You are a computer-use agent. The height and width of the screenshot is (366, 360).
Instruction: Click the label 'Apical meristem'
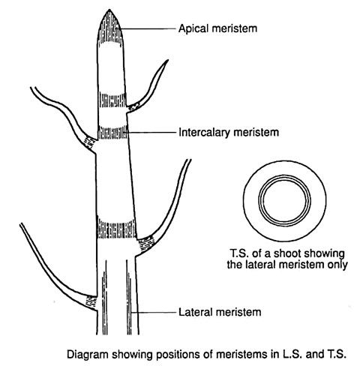[x=217, y=28]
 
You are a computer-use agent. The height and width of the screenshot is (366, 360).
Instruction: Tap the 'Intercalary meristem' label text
[x=229, y=132]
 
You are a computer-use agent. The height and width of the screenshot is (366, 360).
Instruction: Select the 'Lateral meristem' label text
[x=220, y=312]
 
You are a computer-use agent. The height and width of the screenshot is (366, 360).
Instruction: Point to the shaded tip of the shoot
[x=109, y=27]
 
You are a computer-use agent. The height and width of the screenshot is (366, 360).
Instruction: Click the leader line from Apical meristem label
[x=149, y=28]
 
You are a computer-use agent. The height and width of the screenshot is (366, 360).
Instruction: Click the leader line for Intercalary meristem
[x=151, y=132]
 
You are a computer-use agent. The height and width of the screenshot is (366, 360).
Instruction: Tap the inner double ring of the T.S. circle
[x=284, y=175]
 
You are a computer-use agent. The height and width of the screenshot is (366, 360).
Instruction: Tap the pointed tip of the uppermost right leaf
[x=168, y=60]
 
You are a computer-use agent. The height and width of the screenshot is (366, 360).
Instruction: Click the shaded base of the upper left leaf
[x=88, y=143]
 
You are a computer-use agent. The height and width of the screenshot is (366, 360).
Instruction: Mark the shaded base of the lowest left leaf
[x=91, y=302]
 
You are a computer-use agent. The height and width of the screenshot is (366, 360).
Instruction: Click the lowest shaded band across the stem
[x=117, y=228]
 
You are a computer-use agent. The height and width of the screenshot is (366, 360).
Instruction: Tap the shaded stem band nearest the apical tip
[x=112, y=100]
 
